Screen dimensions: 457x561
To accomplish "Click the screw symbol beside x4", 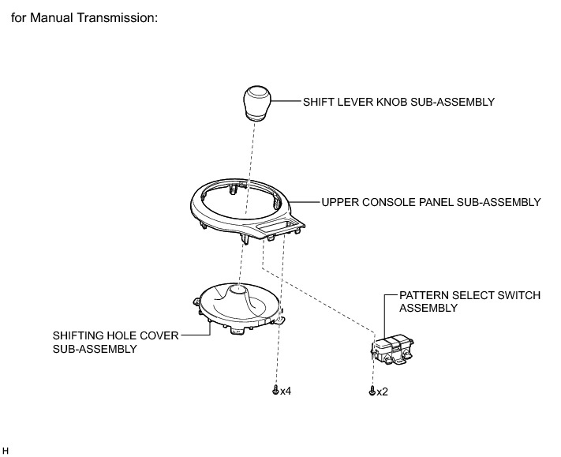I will click(x=275, y=390).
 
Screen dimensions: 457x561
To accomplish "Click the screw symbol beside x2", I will click(x=372, y=391).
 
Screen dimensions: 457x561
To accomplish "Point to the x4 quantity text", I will click(x=285, y=391).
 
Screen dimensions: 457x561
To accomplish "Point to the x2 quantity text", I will click(x=382, y=391).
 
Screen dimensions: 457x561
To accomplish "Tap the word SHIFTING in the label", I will click(x=78, y=335).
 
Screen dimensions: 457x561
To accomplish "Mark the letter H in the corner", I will click(x=5, y=451).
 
